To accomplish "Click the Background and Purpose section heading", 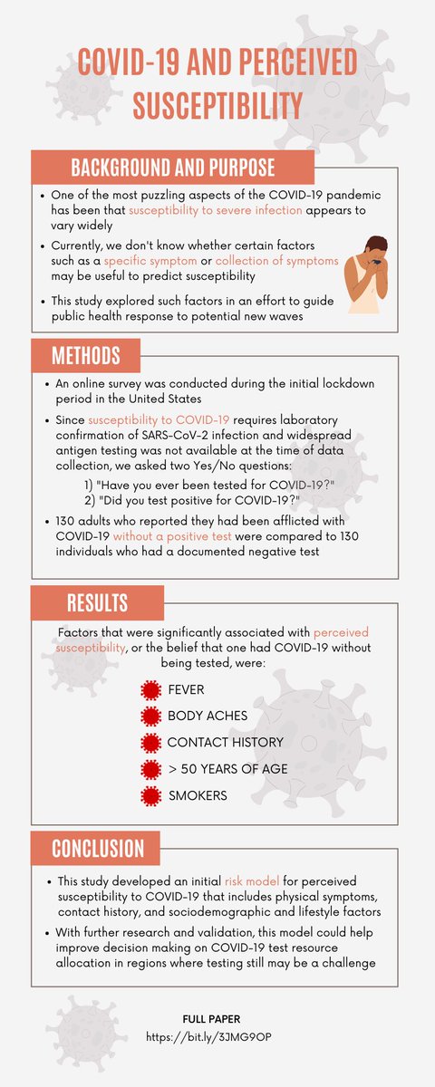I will click(173, 168).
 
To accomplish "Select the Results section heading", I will click(97, 602).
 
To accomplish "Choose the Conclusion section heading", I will click(98, 848).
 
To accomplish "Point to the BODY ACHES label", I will click(207, 717).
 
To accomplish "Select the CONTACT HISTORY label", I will click(225, 743).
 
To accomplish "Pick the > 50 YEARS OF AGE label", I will click(227, 770).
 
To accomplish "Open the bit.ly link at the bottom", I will click(217, 1034).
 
